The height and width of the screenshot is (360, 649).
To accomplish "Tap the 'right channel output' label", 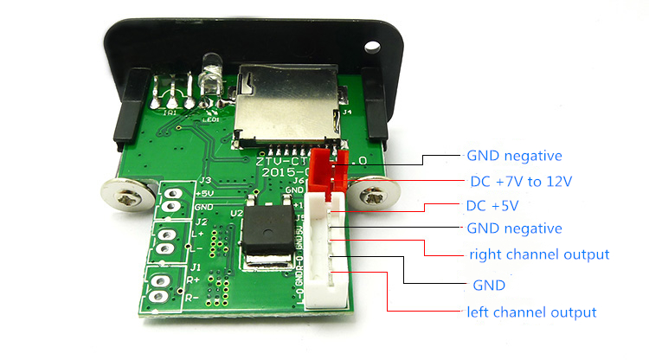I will [x=539, y=254].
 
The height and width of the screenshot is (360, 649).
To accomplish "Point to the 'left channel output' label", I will [x=531, y=312].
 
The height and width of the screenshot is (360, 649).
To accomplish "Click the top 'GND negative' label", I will [x=514, y=156].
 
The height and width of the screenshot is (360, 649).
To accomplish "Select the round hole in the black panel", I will [x=374, y=43].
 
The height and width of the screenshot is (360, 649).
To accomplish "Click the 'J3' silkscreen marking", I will [x=205, y=180].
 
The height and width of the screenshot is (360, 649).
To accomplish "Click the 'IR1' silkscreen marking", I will [x=170, y=112].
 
